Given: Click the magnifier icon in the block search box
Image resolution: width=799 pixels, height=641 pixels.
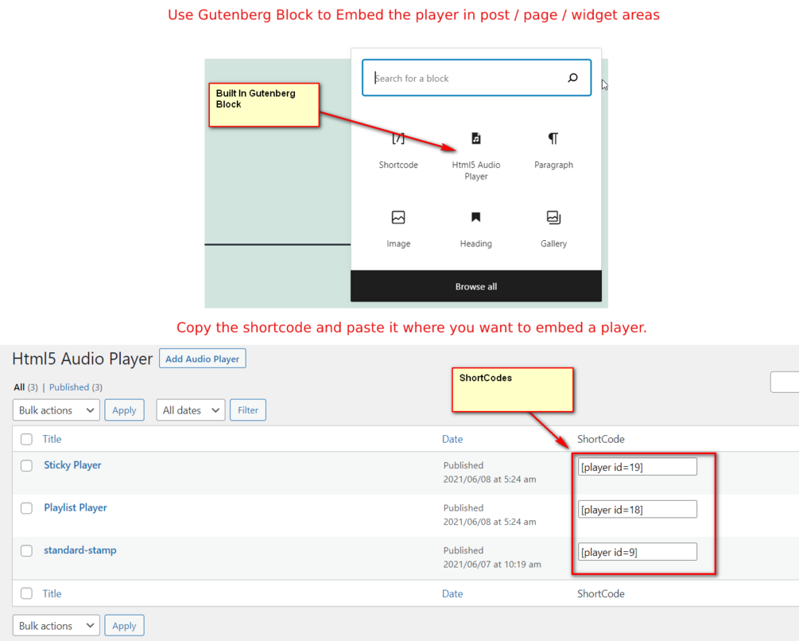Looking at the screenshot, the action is click(x=572, y=77).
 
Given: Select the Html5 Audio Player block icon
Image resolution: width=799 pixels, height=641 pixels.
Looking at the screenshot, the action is click(x=476, y=138).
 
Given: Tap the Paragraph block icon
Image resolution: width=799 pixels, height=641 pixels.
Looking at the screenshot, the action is click(x=553, y=138).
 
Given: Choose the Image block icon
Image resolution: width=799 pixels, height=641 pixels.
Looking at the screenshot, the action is click(x=398, y=218).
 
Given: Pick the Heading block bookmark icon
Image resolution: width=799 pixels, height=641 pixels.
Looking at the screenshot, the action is click(x=476, y=217).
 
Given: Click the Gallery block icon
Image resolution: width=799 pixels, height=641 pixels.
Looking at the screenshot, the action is click(x=553, y=218).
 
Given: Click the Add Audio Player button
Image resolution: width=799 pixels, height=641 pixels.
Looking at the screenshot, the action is click(x=202, y=358).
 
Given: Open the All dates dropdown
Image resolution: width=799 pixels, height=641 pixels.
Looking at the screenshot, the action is click(x=191, y=410).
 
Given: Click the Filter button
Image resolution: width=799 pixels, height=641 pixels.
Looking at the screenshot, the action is click(x=247, y=410).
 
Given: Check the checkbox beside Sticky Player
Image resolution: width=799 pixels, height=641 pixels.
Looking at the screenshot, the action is click(x=26, y=466).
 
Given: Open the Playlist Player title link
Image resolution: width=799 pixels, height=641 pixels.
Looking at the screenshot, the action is click(x=76, y=507).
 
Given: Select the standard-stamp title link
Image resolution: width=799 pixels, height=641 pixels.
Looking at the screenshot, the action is click(x=80, y=550).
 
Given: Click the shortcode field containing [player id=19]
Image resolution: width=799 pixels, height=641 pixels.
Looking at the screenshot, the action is click(x=637, y=467).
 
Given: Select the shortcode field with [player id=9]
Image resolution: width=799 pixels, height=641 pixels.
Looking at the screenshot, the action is click(x=637, y=552).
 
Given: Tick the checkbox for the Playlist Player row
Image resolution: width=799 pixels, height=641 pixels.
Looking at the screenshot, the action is click(x=26, y=508).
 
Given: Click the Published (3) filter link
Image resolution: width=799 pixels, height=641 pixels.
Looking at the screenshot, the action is click(x=76, y=387).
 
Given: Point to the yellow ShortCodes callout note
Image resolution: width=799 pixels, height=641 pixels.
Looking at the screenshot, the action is click(x=513, y=390).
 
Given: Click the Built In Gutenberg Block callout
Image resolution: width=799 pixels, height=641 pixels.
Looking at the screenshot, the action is click(x=264, y=105).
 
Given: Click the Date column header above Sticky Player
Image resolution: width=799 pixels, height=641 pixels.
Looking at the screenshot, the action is click(x=452, y=439).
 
